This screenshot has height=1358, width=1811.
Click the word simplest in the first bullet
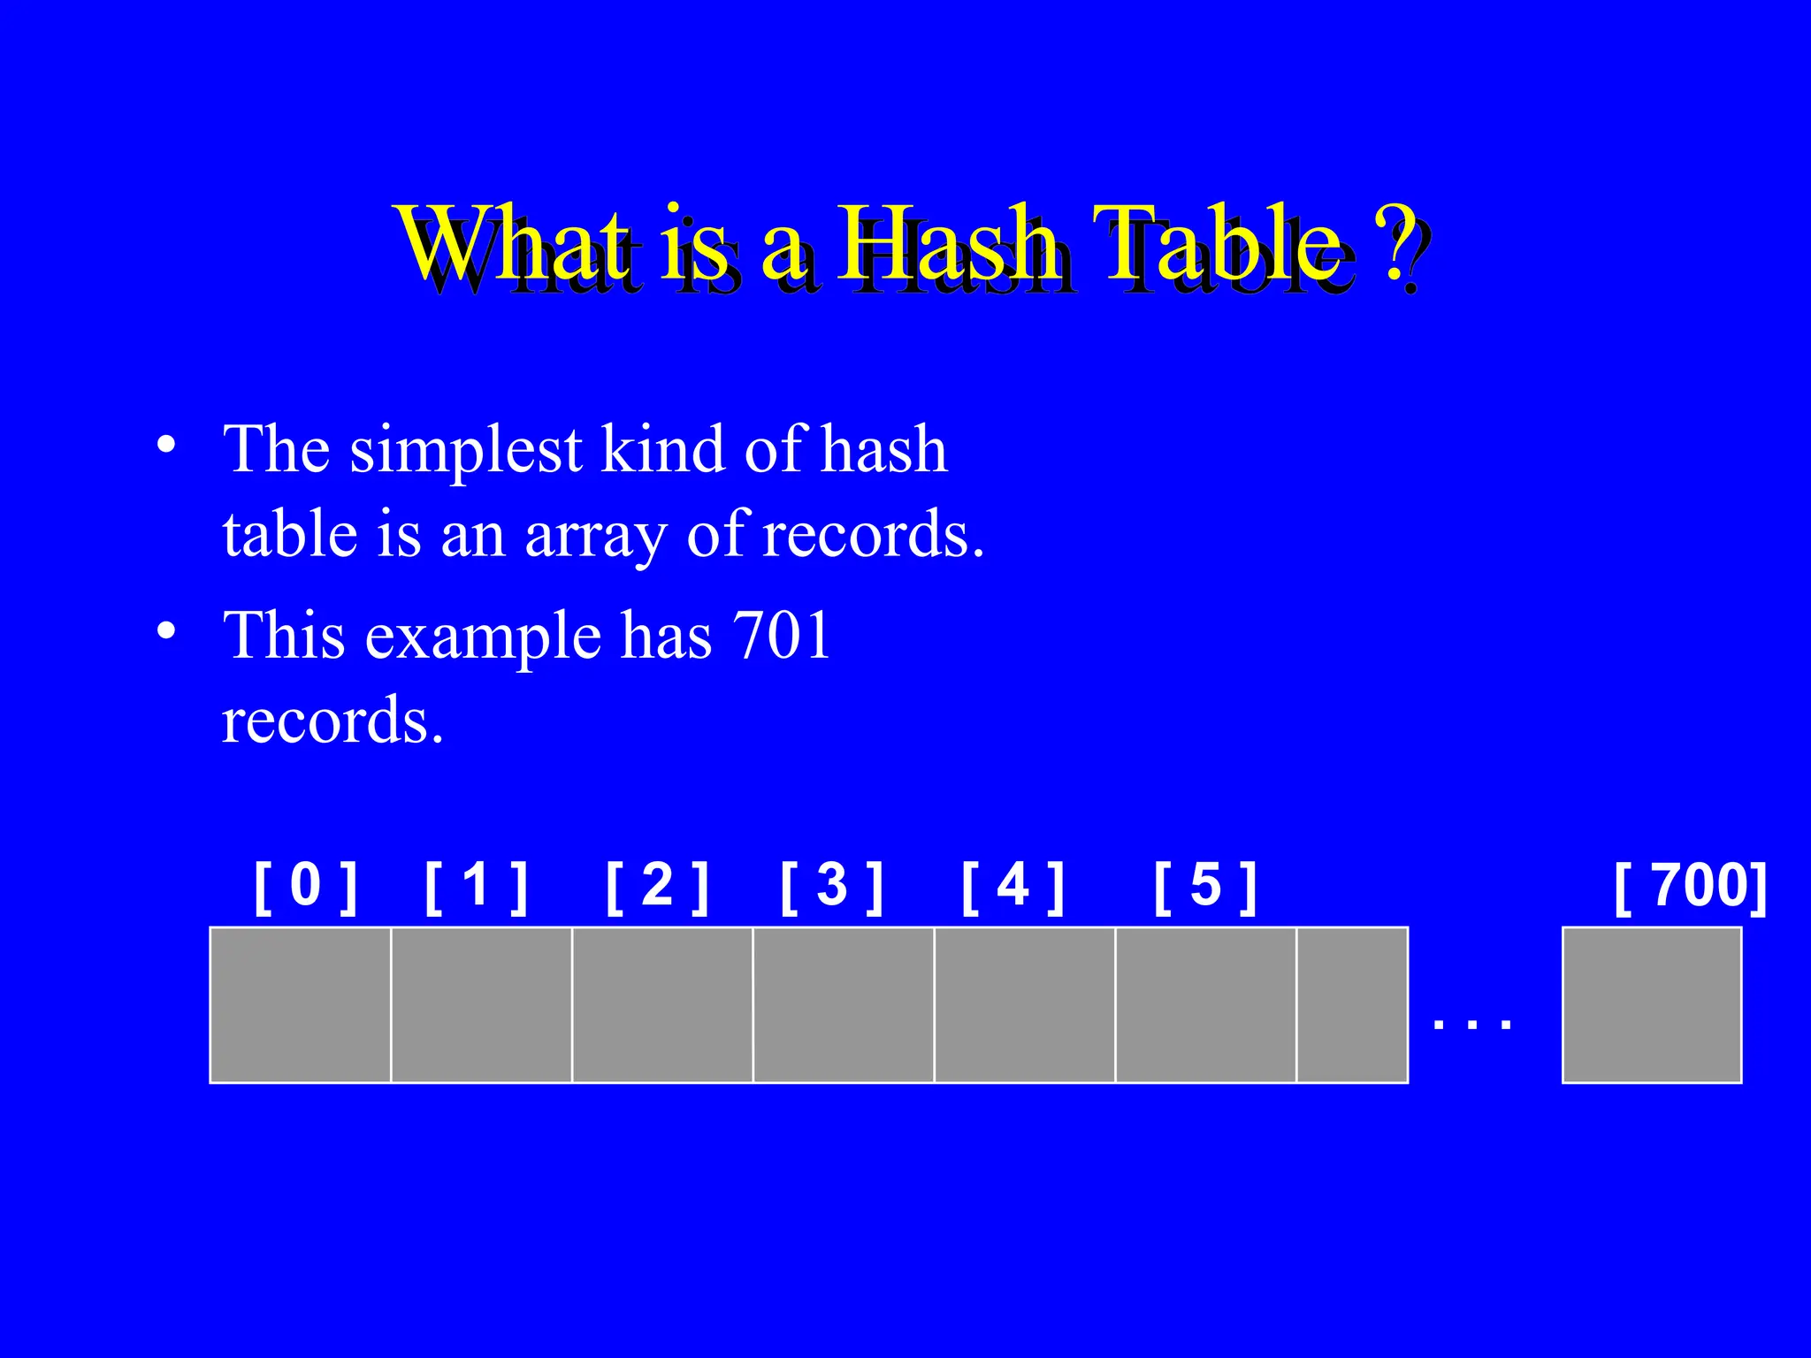click(x=465, y=451)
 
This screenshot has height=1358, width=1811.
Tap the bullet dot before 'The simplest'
click(x=165, y=445)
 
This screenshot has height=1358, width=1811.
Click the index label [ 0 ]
click(x=305, y=887)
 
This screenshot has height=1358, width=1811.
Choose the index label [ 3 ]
click(x=831, y=887)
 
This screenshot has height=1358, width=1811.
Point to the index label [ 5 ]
click(x=1204, y=887)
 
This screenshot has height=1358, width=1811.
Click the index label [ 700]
click(x=1690, y=887)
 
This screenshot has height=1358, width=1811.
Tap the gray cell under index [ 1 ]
click(x=481, y=1004)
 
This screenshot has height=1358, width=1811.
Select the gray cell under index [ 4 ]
click(x=1024, y=1004)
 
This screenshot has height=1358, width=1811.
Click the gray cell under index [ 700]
click(x=1651, y=1004)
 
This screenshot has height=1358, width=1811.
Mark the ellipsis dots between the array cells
click(x=1472, y=1025)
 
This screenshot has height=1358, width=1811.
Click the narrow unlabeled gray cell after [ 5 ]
click(x=1351, y=1004)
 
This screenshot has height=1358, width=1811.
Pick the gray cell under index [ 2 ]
click(x=662, y=1004)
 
